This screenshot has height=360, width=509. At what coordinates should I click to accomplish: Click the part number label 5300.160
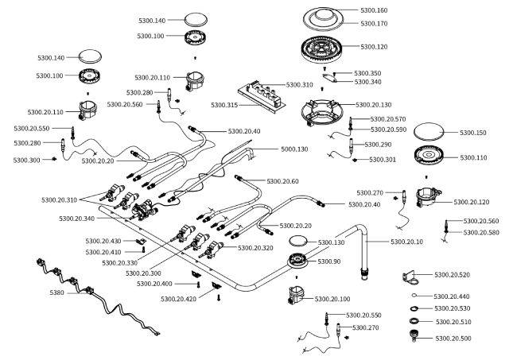pos(374,10)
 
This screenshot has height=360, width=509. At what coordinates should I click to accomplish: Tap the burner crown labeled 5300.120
pos(321,50)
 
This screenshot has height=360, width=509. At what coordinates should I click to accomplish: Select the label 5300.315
pos(224,105)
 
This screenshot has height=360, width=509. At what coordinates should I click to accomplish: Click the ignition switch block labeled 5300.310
pos(262,96)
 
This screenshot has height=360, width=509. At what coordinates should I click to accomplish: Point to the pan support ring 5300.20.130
pos(321,112)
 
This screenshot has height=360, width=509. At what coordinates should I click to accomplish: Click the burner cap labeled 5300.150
pos(429,132)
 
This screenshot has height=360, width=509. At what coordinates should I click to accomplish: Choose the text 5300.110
pos(474,157)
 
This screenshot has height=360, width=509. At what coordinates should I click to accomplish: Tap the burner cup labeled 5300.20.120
pos(429,197)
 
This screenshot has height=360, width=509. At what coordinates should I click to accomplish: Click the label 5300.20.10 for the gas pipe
pos(406,242)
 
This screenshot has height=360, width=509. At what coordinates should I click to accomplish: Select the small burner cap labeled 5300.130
pos(298,241)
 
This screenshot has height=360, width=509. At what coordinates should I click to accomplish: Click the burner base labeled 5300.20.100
pos(296,295)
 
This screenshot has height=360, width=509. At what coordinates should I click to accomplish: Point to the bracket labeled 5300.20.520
pos(410,278)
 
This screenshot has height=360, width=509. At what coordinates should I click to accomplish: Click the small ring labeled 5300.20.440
pos(414,295)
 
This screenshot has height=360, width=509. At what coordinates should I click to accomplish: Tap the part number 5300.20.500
pos(453,339)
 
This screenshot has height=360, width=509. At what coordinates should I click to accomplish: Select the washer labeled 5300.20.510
pos(414,321)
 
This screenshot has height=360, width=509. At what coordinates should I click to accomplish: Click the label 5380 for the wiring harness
pos(56,292)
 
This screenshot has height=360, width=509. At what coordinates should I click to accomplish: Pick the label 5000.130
pos(294,149)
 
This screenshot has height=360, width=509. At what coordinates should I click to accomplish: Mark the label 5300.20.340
pos(76,219)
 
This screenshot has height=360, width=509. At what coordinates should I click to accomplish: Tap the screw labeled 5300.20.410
pos(143,249)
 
